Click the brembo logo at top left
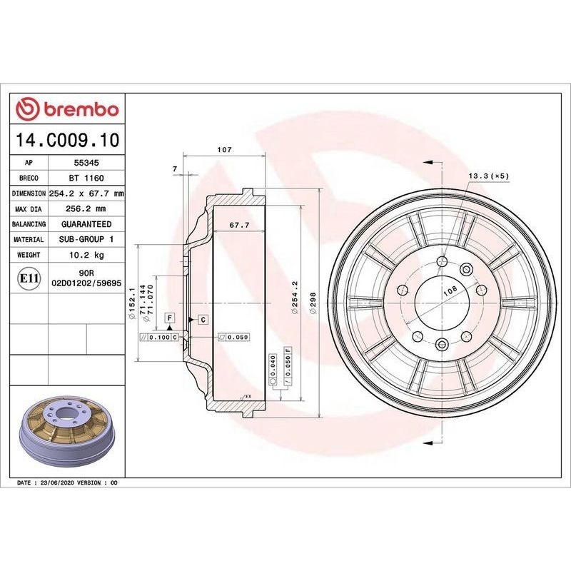pos(67,109)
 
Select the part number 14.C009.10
pos(67,140)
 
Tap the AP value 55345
pos(86,163)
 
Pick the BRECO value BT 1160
pos(86,178)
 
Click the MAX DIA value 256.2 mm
pos(86,208)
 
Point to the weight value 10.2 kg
pos(86,255)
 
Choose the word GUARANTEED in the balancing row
pos(86,224)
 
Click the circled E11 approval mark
pos(29,278)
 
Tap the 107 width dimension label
pos(224,149)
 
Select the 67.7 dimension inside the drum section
pos(239,226)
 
